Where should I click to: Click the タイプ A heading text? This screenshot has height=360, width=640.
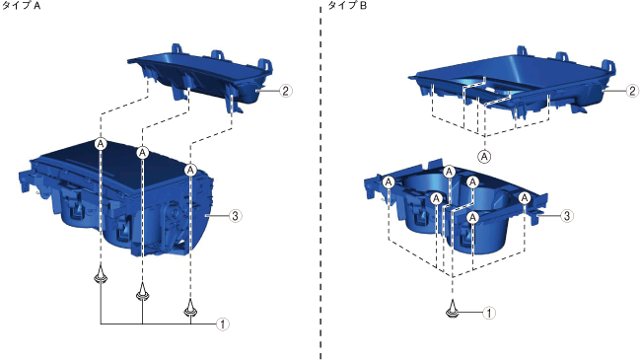pyautogui.click(x=22, y=6)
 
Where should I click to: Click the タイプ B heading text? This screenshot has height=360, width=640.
pyautogui.click(x=347, y=6)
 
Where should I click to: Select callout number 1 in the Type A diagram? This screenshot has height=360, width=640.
pyautogui.click(x=223, y=324)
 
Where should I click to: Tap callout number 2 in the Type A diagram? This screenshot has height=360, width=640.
pyautogui.click(x=286, y=91)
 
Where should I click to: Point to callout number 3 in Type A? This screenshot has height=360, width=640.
pyautogui.click(x=235, y=215)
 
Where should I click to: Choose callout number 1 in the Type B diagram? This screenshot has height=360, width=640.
pyautogui.click(x=489, y=313)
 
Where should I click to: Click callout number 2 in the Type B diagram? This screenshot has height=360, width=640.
pyautogui.click(x=632, y=90)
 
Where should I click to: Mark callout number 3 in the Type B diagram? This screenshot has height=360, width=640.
pyautogui.click(x=566, y=215)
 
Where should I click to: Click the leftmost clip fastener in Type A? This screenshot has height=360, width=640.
pyautogui.click(x=101, y=275)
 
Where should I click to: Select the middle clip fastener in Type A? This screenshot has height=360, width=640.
pyautogui.click(x=142, y=291)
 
